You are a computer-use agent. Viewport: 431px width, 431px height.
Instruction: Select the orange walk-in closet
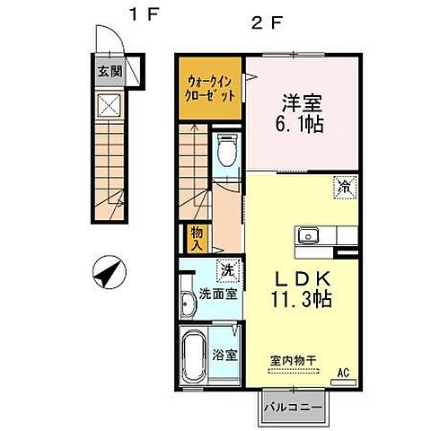[x=210, y=87]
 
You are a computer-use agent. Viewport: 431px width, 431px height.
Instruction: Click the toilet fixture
[x=228, y=153]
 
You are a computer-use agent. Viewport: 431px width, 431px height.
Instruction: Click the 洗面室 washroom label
[x=218, y=293]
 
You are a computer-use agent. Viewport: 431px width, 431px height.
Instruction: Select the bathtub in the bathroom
[x=193, y=356]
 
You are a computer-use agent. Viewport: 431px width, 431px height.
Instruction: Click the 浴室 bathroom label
[x=226, y=354]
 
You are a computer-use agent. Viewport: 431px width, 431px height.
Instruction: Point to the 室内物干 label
[x=293, y=360]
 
